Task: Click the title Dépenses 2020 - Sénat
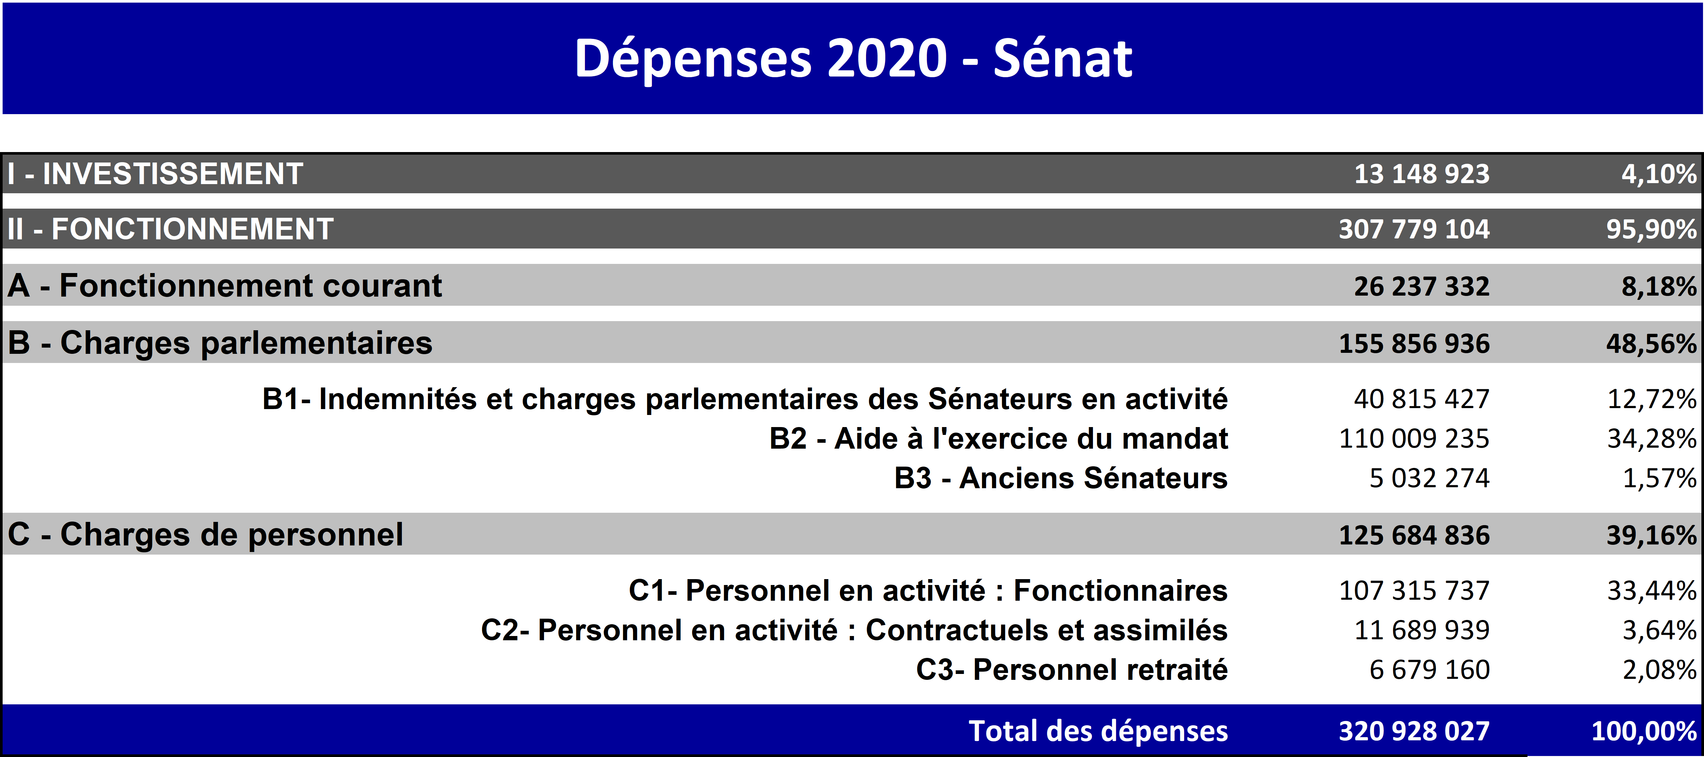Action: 853,58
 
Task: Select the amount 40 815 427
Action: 1422,399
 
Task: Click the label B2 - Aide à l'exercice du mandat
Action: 998,439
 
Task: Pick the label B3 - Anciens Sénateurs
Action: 1060,478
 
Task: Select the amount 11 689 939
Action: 1422,630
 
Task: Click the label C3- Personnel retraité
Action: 1072,670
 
